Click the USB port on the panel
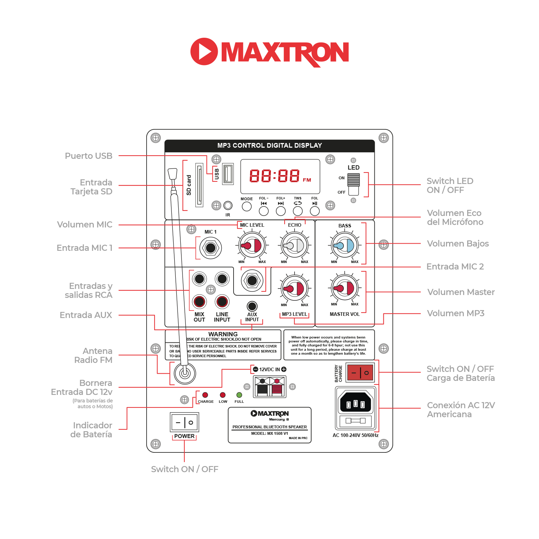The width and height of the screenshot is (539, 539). pos(228,174)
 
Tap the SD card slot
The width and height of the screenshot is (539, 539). pos(199,185)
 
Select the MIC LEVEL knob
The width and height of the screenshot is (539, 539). pos(252,245)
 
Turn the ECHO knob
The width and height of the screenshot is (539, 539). pos(295,245)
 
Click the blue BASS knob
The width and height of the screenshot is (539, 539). pos(345,245)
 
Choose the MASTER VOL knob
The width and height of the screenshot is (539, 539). pos(345,288)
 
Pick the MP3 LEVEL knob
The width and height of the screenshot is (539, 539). pos(295,289)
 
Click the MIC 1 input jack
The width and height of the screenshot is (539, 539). pos(211,248)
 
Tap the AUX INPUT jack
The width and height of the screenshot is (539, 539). pos(252,306)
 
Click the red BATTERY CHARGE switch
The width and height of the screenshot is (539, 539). pos(360,372)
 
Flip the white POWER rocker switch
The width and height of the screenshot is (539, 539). pos(184,422)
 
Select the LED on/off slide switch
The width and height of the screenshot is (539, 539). pos(353,184)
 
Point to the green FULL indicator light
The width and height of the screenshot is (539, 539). pos(239,395)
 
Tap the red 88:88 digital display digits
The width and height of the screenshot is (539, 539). pos(275,176)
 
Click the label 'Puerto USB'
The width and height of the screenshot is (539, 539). pos(88,156)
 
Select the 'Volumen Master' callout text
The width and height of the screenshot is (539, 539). pos(461,292)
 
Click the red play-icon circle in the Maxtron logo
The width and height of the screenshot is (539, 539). pos(204,51)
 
